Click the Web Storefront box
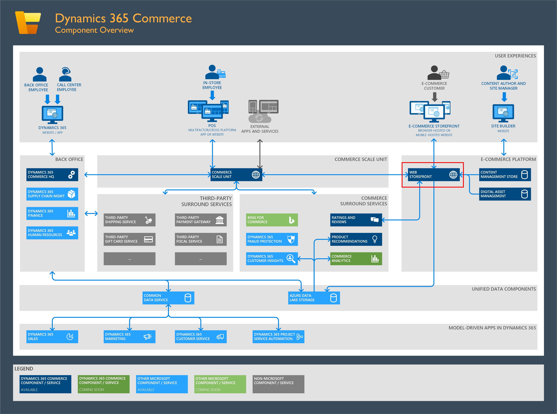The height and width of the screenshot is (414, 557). pyautogui.click(x=434, y=175)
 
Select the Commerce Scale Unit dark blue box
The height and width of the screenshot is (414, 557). pyautogui.click(x=236, y=175)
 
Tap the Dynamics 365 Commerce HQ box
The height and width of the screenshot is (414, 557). pyautogui.click(x=52, y=175)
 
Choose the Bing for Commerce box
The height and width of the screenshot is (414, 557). pyautogui.click(x=272, y=220)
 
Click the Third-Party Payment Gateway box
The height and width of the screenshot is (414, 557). pyautogui.click(x=201, y=220)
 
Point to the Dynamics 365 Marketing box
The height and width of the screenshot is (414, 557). pyautogui.click(x=129, y=337)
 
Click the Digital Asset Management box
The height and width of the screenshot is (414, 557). pyautogui.click(x=505, y=194)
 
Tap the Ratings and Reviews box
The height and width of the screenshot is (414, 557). pyautogui.click(x=356, y=220)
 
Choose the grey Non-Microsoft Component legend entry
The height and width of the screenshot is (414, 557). pyautogui.click(x=278, y=384)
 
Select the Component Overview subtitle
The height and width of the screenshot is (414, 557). pyautogui.click(x=94, y=30)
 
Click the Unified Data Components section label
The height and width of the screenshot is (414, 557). pyautogui.click(x=504, y=289)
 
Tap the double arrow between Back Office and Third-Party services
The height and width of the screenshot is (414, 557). pyautogui.click(x=91, y=214)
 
